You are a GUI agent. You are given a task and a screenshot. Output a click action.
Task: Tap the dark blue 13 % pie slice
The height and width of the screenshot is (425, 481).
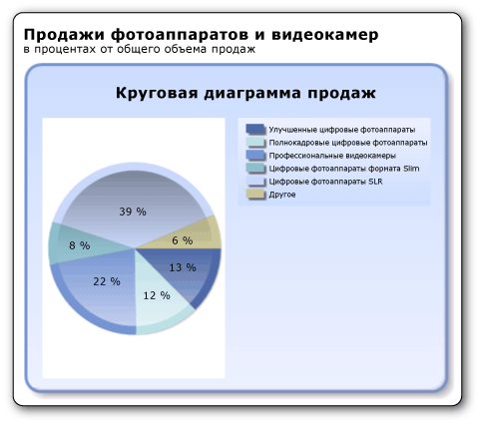click(x=186, y=271)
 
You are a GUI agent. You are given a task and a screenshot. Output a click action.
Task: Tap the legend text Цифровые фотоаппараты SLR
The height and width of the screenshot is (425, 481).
click(x=325, y=182)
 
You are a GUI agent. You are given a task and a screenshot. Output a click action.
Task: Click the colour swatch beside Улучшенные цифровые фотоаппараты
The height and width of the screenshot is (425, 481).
click(x=255, y=130)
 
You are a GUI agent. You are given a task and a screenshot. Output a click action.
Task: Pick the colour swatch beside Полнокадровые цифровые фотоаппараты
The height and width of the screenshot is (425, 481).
click(x=255, y=143)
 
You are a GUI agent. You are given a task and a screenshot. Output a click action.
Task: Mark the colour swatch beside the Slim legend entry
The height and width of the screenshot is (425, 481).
click(x=255, y=169)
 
